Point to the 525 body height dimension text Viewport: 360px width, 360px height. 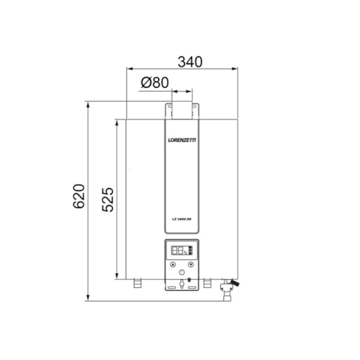tap(107, 198)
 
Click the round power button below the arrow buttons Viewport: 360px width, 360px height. tap(181, 273)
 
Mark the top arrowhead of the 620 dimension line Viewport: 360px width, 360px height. tap(88, 104)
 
